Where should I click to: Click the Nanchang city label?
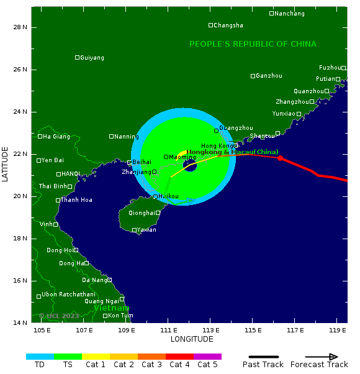coord(289,14)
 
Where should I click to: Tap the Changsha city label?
coord(228,25)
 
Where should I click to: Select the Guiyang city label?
coord(92,58)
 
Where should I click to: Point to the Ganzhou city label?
coord(269,76)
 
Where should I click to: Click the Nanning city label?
coord(127,137)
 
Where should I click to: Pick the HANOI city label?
coord(71,174)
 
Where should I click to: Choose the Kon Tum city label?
coord(120,316)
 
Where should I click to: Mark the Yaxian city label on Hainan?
coord(146,230)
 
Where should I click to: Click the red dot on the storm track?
coord(280,158)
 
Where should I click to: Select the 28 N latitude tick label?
coord(20,27)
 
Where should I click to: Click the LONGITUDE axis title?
coord(192,339)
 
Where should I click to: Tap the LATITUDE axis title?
coord(6,164)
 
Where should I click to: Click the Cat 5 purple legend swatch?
coord(207,357)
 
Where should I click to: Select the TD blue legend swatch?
coord(40,357)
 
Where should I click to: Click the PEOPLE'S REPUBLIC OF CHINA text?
coord(253,44)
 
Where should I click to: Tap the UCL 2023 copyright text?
coord(59,316)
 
